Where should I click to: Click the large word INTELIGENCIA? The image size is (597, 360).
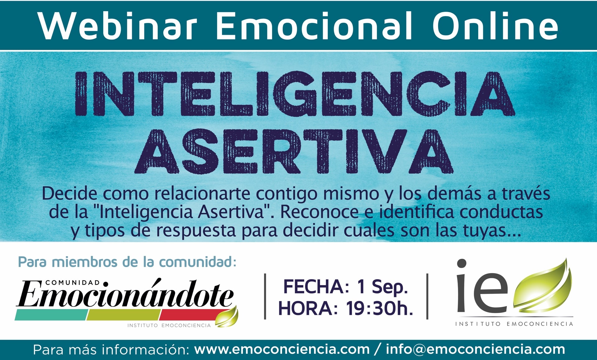click(295, 94)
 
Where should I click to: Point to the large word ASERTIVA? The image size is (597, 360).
click(294, 151)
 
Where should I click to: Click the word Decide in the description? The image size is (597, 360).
click(70, 193)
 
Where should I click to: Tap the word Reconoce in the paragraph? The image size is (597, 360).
click(319, 212)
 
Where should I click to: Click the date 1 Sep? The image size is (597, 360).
click(382, 286)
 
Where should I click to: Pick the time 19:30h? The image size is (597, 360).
click(380, 308)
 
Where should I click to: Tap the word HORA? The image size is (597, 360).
click(308, 308)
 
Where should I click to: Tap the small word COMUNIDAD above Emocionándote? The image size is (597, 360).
click(72, 283)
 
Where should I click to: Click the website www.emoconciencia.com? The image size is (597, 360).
click(282, 349)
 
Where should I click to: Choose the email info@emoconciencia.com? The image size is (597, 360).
click(475, 349)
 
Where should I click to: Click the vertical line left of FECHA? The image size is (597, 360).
click(265, 296)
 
